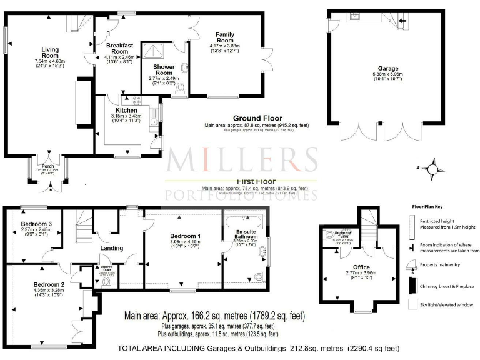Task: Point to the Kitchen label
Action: pyautogui.click(x=126, y=111)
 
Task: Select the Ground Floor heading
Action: pyautogui.click(x=257, y=118)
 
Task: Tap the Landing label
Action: pyautogui.click(x=112, y=247)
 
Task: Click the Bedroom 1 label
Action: pyautogui.click(x=184, y=235)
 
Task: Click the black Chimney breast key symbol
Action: pyautogui.click(x=411, y=285)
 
